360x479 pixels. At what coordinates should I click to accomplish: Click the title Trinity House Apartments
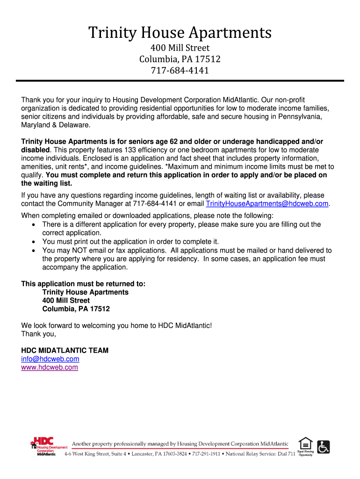tap(180, 33)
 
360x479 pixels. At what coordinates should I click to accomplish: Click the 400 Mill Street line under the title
tap(180, 48)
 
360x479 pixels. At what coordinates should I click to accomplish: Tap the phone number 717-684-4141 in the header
tap(180, 71)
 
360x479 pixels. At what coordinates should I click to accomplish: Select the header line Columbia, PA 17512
tap(180, 59)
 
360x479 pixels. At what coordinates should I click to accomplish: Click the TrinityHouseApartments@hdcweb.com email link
tap(267, 204)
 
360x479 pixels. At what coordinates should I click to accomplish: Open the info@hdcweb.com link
tap(50, 359)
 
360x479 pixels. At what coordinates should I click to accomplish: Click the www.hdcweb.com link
tap(50, 367)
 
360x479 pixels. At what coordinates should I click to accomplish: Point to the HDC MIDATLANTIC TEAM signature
tap(65, 350)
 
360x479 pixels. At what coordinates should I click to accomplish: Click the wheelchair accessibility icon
tap(323, 447)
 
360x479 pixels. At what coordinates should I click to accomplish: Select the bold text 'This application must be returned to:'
tap(84, 283)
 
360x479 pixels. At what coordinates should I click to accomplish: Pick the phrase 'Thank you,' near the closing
tap(39, 334)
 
